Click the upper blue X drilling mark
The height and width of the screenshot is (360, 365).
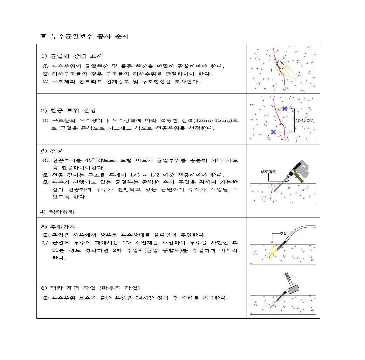pos(285,109)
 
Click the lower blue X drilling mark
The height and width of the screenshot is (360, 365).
pos(273,132)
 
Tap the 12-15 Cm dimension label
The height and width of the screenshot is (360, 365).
pos(304,120)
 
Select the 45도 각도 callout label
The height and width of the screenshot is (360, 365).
pos(268,172)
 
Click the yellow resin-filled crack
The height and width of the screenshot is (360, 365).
pos(271,253)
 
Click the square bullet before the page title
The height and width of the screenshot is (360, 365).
pos(43,36)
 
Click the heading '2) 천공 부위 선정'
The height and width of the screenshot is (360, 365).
pos(68,111)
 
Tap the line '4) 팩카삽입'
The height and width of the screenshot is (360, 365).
pos(58,212)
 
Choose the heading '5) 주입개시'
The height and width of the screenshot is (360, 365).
pos(58,227)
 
